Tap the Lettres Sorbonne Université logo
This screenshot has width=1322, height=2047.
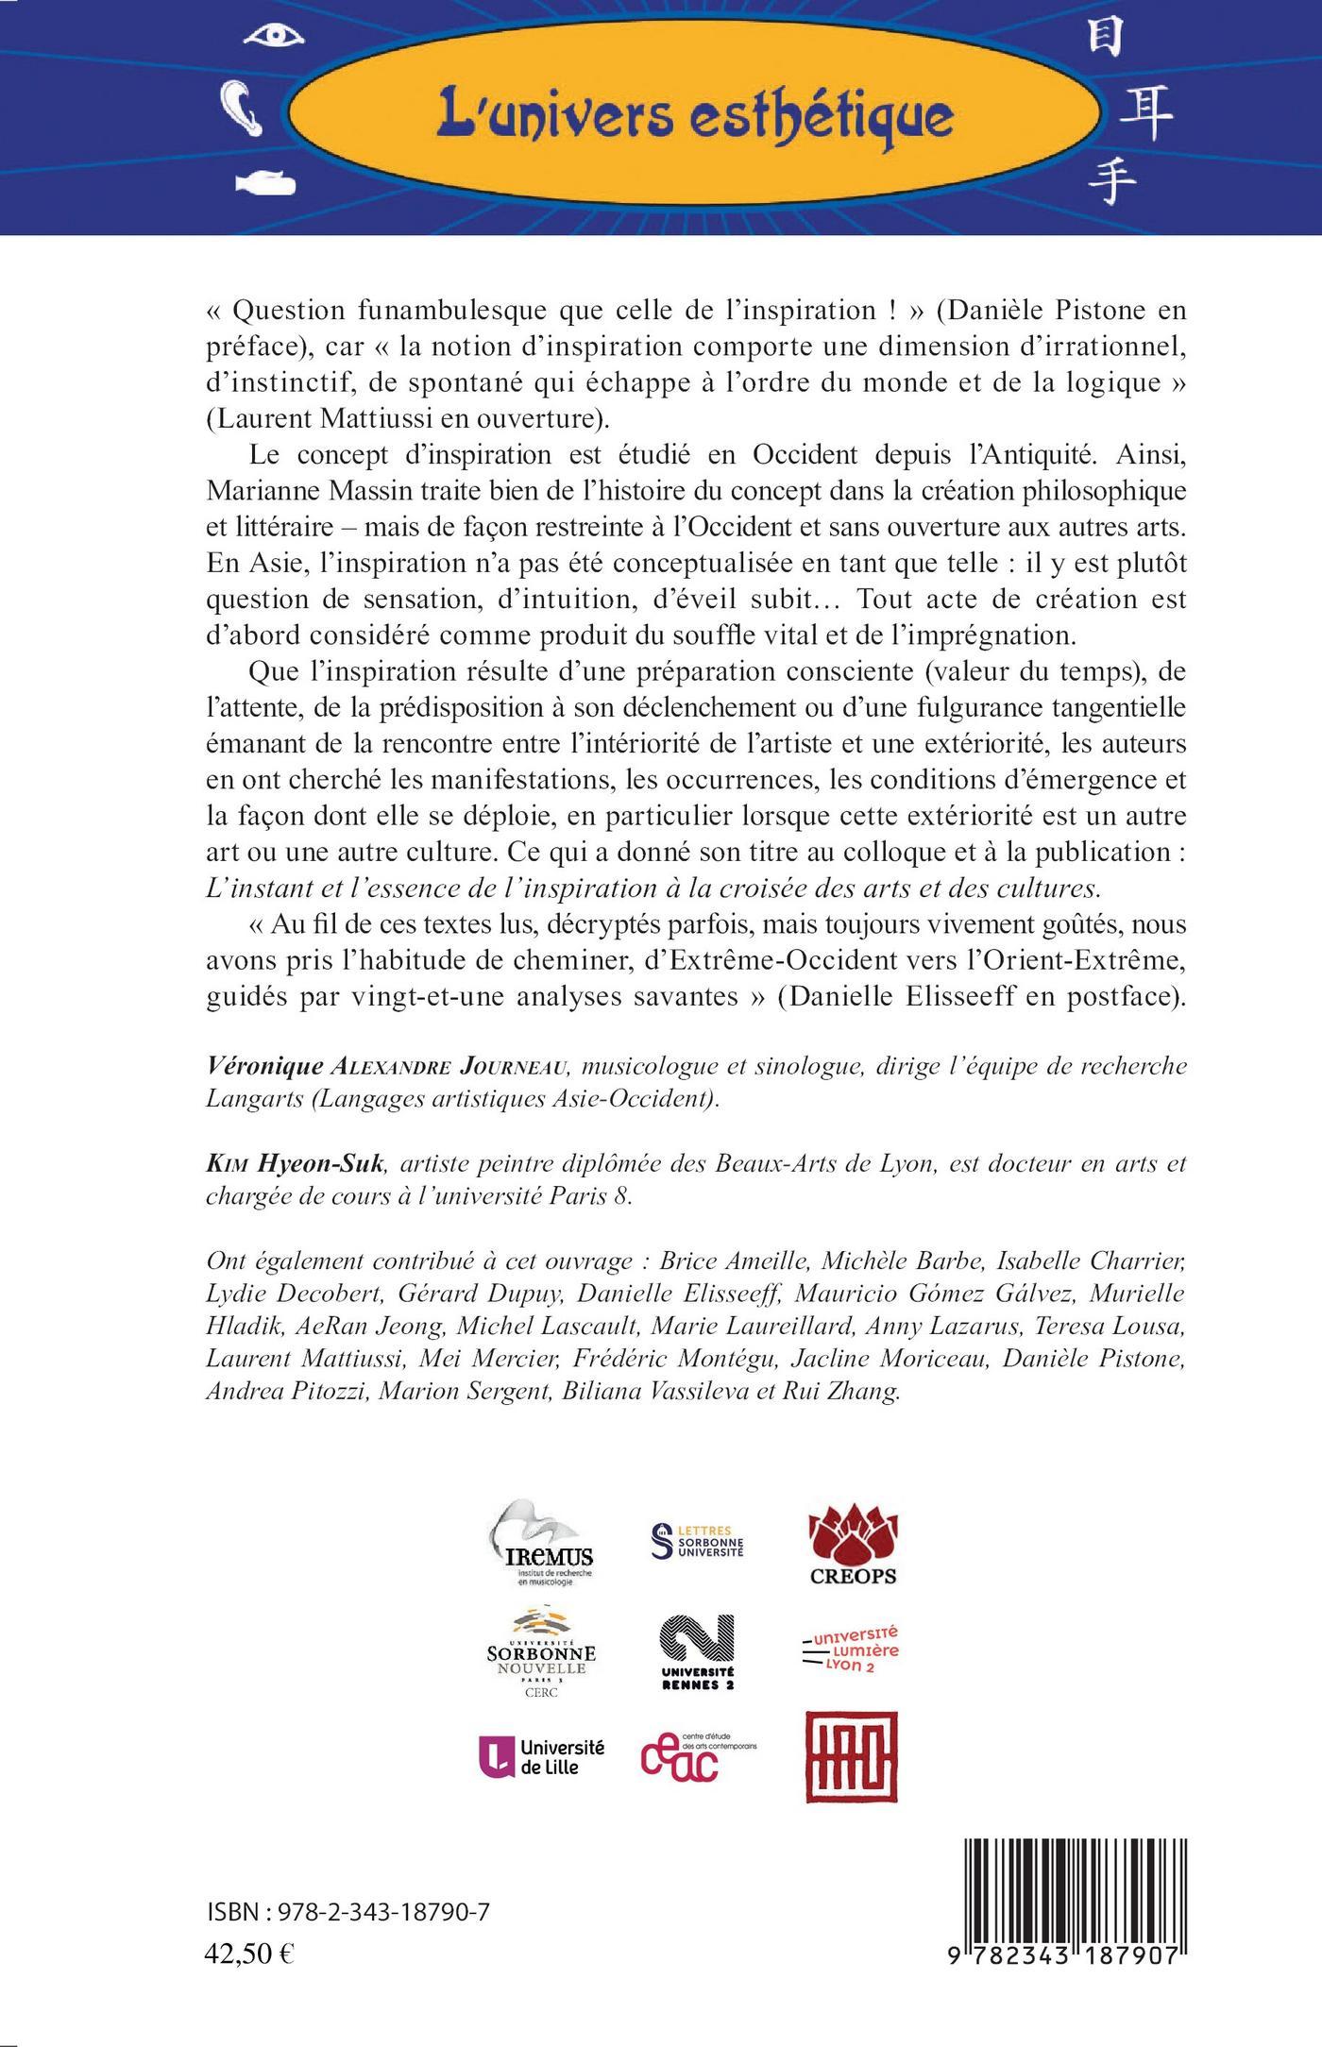(699, 1541)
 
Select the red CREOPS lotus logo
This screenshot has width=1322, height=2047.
(853, 1544)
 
